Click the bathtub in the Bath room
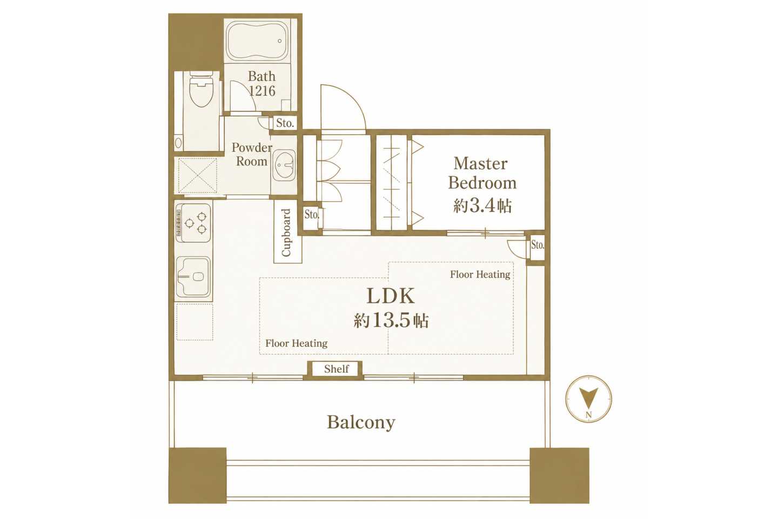pyautogui.click(x=257, y=41)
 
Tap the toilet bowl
pyautogui.click(x=201, y=89)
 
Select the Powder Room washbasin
pyautogui.click(x=284, y=165)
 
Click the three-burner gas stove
pyautogui.click(x=193, y=223)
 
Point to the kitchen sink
pyautogui.click(x=193, y=279)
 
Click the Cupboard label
pyautogui.click(x=286, y=232)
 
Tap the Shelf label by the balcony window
pyautogui.click(x=336, y=369)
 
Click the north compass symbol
pyautogui.click(x=588, y=399)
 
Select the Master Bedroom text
pyautogui.click(x=482, y=173)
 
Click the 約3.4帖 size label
pyautogui.click(x=482, y=206)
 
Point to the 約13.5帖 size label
pyautogui.click(x=391, y=320)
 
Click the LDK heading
pyautogui.click(x=391, y=296)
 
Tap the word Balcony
pyautogui.click(x=361, y=423)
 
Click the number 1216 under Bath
pyautogui.click(x=262, y=91)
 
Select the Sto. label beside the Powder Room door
pyautogui.click(x=285, y=123)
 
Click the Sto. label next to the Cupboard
pyautogui.click(x=312, y=215)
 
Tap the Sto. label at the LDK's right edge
pyautogui.click(x=537, y=245)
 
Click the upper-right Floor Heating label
pyautogui.click(x=480, y=275)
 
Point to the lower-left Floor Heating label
pyautogui.click(x=296, y=343)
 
